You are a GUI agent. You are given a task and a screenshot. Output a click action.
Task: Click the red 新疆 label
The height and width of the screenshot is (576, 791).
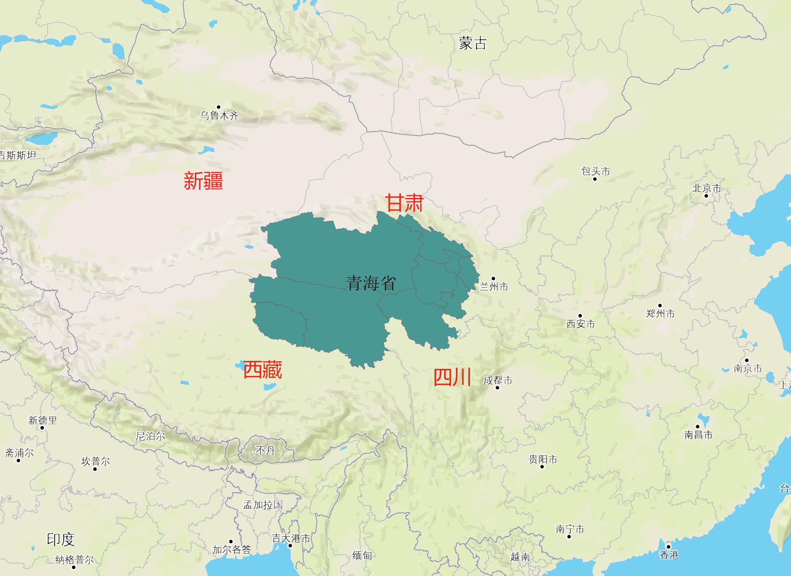tap(203, 181)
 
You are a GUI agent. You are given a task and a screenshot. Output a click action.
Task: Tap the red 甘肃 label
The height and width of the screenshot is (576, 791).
tap(404, 203)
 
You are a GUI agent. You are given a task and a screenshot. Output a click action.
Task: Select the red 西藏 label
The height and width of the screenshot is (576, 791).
tap(262, 370)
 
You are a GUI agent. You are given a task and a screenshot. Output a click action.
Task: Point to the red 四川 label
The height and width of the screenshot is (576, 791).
tap(452, 377)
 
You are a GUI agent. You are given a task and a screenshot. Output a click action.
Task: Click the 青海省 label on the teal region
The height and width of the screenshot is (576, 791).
tap(371, 283)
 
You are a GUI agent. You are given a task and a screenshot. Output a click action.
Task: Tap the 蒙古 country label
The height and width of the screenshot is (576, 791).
tap(472, 43)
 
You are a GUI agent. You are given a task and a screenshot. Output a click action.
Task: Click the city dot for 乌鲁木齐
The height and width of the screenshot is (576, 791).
tap(219, 107)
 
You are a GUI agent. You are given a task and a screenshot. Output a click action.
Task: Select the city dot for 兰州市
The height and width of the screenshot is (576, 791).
tap(493, 279)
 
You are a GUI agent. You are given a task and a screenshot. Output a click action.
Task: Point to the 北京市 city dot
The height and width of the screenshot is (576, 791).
tap(706, 196)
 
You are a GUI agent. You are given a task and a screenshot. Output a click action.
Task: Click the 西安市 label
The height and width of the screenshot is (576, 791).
tap(580, 324)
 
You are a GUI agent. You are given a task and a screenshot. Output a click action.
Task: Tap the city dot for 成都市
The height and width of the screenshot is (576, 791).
tap(498, 388)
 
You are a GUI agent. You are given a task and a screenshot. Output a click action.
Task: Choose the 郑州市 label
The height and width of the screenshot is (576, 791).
tap(660, 314)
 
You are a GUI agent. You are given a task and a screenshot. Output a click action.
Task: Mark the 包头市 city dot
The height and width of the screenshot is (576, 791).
tap(595, 179)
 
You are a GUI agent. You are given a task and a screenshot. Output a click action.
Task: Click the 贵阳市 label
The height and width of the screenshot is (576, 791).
tap(542, 459)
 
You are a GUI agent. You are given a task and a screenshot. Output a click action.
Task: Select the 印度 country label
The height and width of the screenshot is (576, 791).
tap(61, 540)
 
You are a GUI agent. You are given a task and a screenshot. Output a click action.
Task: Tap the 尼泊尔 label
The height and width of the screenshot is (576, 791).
tap(150, 436)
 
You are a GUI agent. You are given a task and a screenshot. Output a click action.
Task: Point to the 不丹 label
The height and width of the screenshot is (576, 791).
tap(265, 450)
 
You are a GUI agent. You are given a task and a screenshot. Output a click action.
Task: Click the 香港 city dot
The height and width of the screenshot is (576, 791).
tap(669, 547)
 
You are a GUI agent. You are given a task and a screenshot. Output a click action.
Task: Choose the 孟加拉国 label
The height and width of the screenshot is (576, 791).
tap(263, 504)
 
